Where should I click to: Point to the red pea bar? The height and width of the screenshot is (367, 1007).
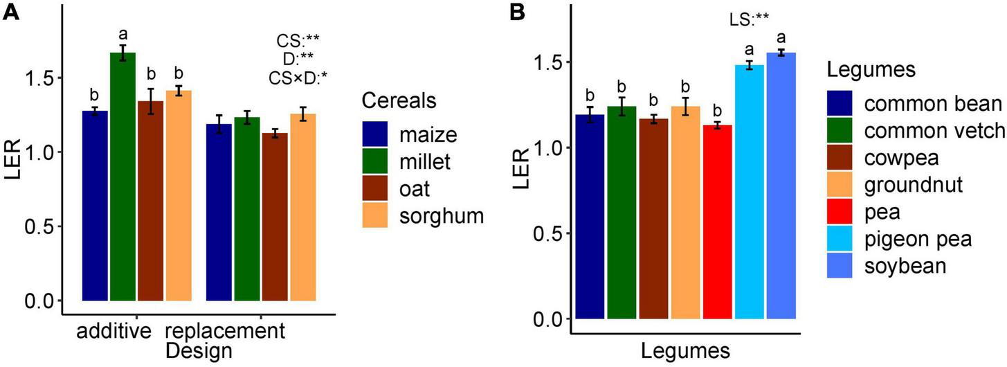click(x=717, y=222)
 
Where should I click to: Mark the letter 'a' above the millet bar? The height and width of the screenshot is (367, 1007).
click(x=124, y=33)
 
